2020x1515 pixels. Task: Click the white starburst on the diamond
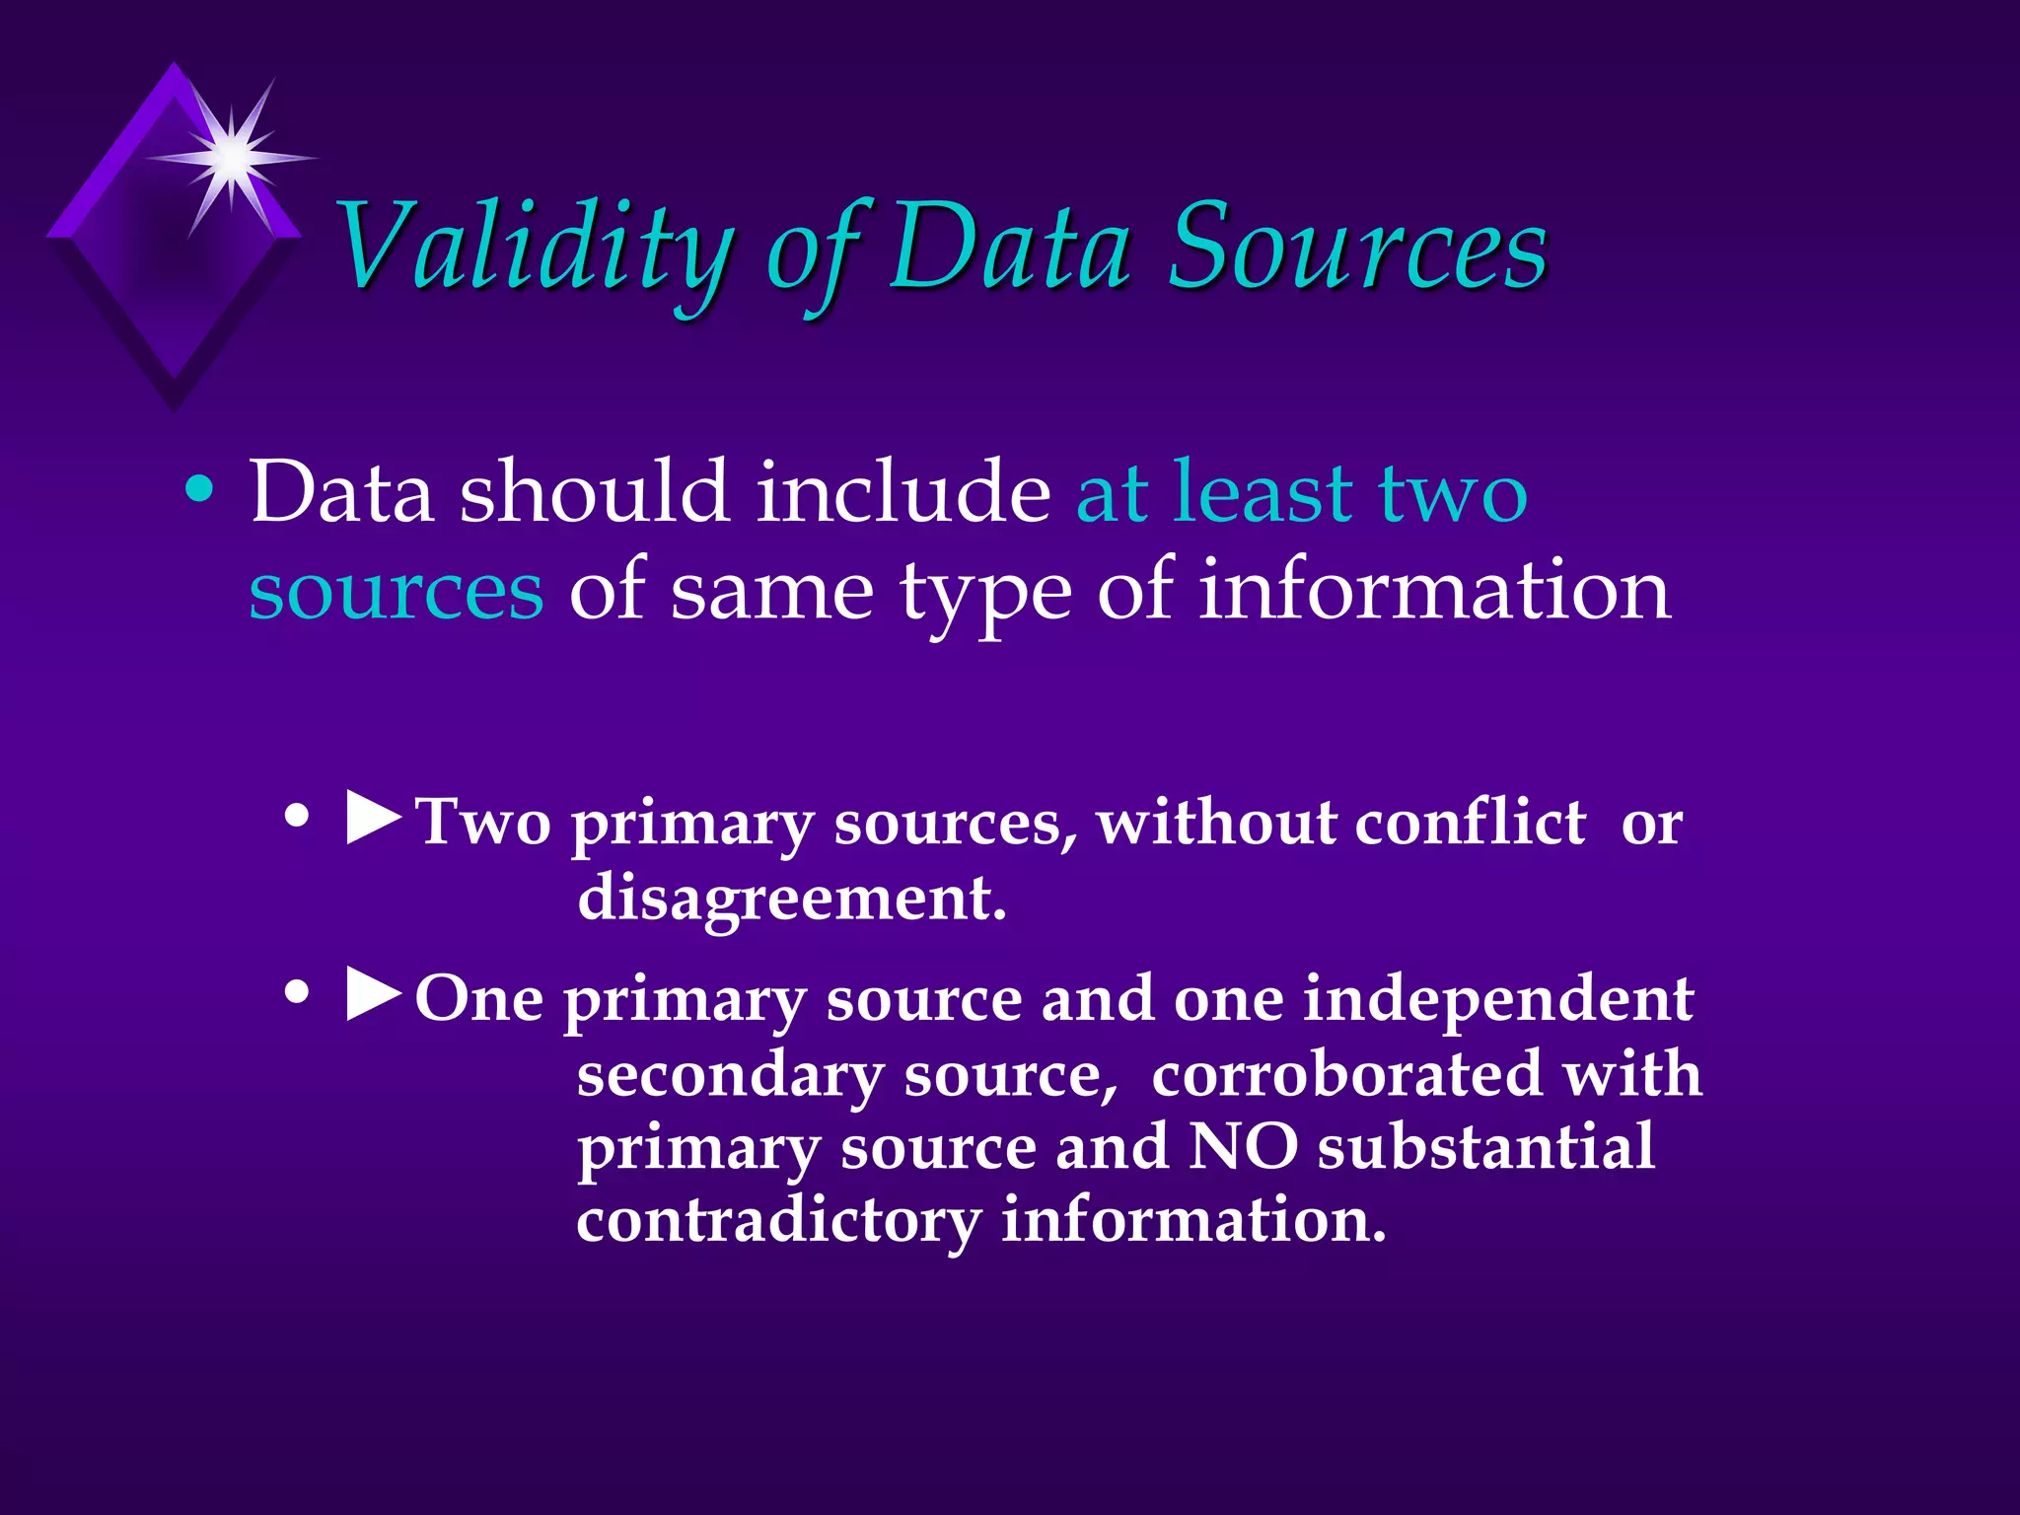click(232, 157)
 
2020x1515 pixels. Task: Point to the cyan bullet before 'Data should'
click(199, 490)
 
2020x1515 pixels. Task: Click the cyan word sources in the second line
click(396, 592)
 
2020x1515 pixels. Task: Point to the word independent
click(1498, 1000)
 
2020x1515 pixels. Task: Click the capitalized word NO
click(1243, 1147)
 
